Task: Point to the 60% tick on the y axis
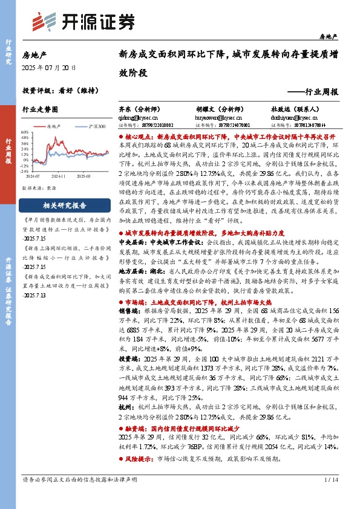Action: click(x=25, y=131)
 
